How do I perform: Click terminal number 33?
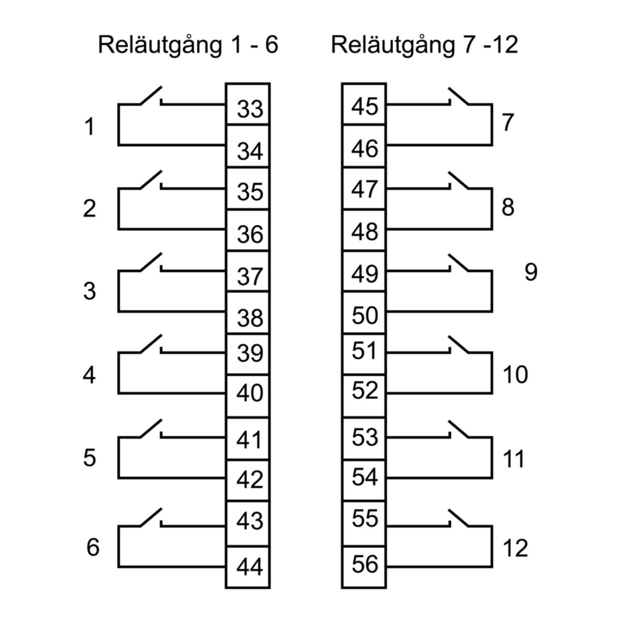(x=250, y=109)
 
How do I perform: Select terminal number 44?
(x=250, y=568)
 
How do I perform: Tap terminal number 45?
(x=365, y=107)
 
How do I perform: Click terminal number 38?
(x=250, y=318)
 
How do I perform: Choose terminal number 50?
(x=365, y=315)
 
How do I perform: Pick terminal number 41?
(x=250, y=440)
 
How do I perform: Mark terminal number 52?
(x=365, y=391)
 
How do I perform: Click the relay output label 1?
(x=90, y=127)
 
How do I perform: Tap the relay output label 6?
(x=93, y=547)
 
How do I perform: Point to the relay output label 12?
(x=515, y=548)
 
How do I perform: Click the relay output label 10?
(x=515, y=374)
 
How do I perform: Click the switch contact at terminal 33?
(x=151, y=96)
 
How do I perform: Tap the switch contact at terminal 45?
(x=459, y=96)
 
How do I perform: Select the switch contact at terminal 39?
(x=151, y=345)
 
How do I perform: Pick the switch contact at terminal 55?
(x=459, y=518)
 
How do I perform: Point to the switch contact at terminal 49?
(x=459, y=262)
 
